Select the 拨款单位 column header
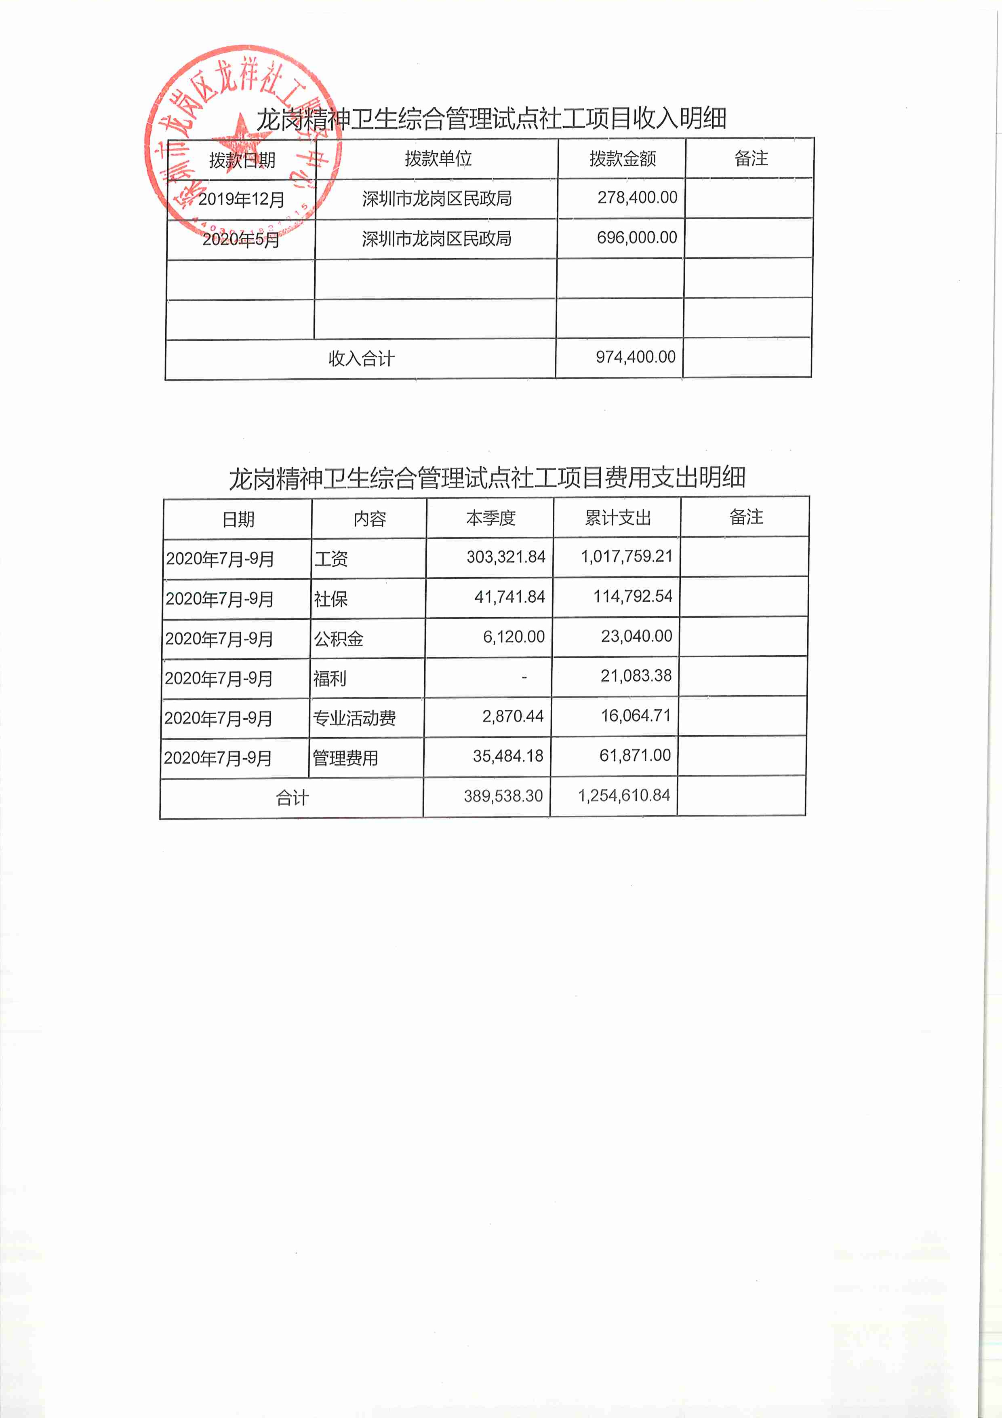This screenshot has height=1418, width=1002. tap(438, 159)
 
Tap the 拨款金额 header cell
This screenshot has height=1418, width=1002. tap(622, 159)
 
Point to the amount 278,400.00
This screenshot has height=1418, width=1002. tap(637, 198)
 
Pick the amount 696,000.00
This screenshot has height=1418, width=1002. tap(636, 238)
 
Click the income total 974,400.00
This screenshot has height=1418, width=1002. tap(635, 357)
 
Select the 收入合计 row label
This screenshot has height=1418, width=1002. tap(361, 358)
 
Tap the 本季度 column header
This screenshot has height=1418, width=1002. tap(491, 518)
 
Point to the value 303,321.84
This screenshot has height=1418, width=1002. tap(505, 557)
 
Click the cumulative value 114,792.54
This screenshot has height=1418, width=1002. tap(632, 597)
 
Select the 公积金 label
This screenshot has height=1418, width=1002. tap(338, 639)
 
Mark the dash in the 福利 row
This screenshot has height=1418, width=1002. tap(524, 677)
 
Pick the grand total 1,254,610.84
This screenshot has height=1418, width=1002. tap(623, 796)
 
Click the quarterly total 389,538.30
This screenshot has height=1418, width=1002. tap(503, 796)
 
